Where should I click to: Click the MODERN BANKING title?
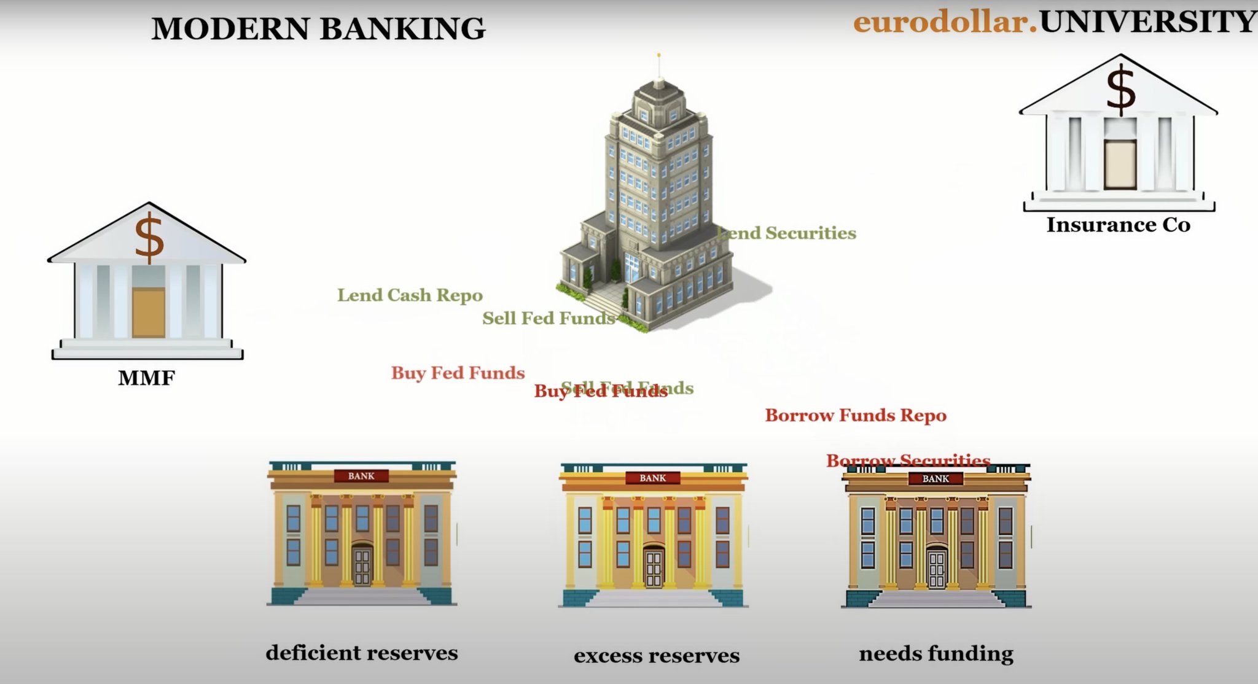coord(318,29)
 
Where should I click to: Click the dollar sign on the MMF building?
coord(149,236)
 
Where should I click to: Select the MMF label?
coord(146,378)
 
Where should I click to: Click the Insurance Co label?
coord(1118,225)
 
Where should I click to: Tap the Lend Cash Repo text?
coord(410,295)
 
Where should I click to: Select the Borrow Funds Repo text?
coord(855,416)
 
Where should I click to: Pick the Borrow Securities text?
coord(908,460)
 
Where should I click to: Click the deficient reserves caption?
coord(362,653)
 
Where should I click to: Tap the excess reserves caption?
coord(656,656)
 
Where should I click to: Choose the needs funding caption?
coord(936,653)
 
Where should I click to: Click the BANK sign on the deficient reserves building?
coord(361,476)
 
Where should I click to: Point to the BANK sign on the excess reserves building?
coord(652,478)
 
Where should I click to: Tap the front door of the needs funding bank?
coord(936,569)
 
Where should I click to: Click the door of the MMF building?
coord(149,313)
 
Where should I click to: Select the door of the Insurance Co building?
coord(1120,164)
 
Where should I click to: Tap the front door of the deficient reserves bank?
coord(362,566)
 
